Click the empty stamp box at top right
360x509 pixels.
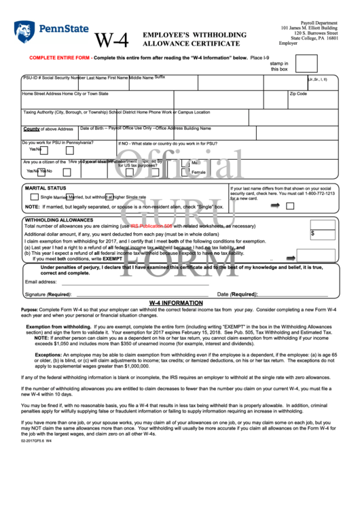tap(306, 63)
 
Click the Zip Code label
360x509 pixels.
tap(298, 94)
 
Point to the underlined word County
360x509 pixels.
tap(31, 128)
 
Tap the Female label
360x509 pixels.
tap(198, 172)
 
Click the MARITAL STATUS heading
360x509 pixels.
tap(46, 188)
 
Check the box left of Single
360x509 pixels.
tap(34, 196)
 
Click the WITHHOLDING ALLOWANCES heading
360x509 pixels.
tap(59, 220)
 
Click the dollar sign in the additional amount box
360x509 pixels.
tap(312, 233)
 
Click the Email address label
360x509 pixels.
tap(41, 281)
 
